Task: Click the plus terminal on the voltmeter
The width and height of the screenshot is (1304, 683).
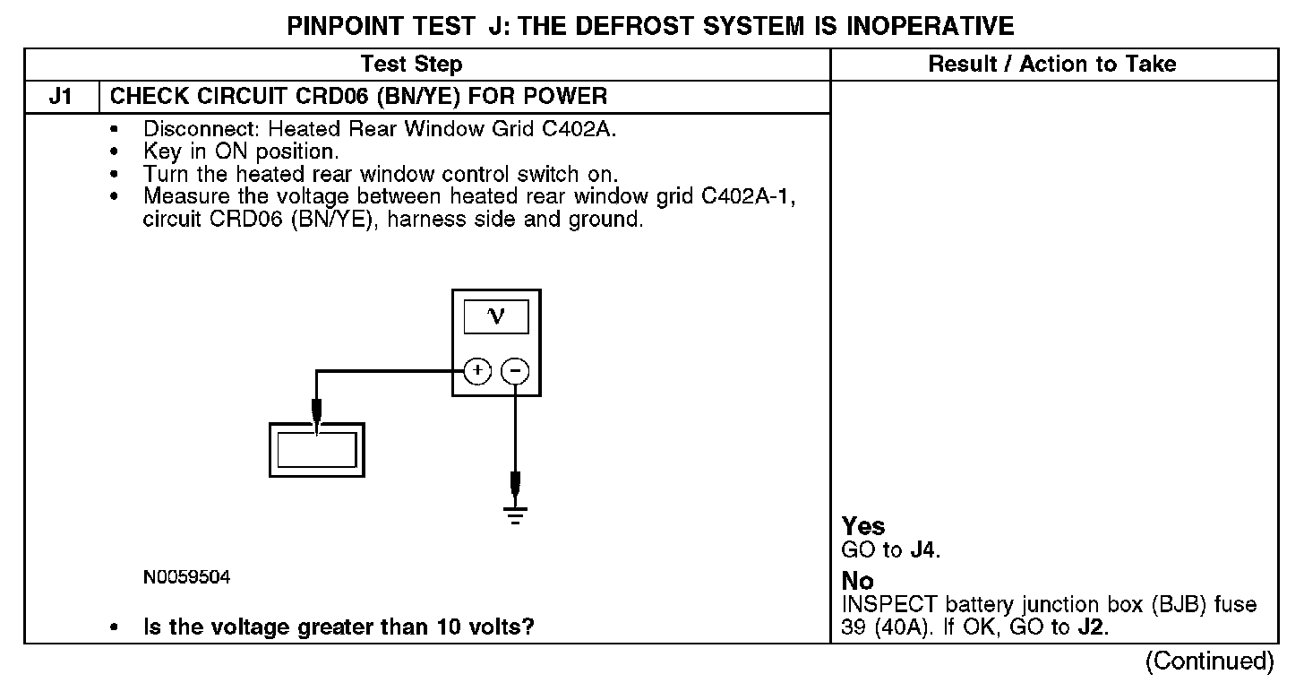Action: click(x=478, y=370)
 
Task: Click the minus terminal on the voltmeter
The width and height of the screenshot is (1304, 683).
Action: click(x=514, y=370)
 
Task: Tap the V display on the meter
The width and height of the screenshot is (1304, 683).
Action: click(x=495, y=316)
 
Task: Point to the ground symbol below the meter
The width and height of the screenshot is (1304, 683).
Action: click(x=515, y=513)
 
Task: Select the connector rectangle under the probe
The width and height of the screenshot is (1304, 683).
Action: click(x=317, y=448)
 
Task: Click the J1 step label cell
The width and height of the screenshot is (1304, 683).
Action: click(x=61, y=97)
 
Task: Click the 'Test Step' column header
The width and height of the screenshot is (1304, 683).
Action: click(x=411, y=64)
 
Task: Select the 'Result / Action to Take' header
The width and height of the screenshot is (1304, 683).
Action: click(x=1052, y=64)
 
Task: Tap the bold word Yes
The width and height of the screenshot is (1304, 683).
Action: click(x=863, y=526)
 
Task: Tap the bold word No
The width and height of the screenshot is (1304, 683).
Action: click(x=858, y=581)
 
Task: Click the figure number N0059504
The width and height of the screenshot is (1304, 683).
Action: click(x=186, y=578)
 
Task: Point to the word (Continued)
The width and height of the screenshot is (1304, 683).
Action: click(x=1209, y=661)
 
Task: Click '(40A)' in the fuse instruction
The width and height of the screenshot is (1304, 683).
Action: click(x=896, y=627)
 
